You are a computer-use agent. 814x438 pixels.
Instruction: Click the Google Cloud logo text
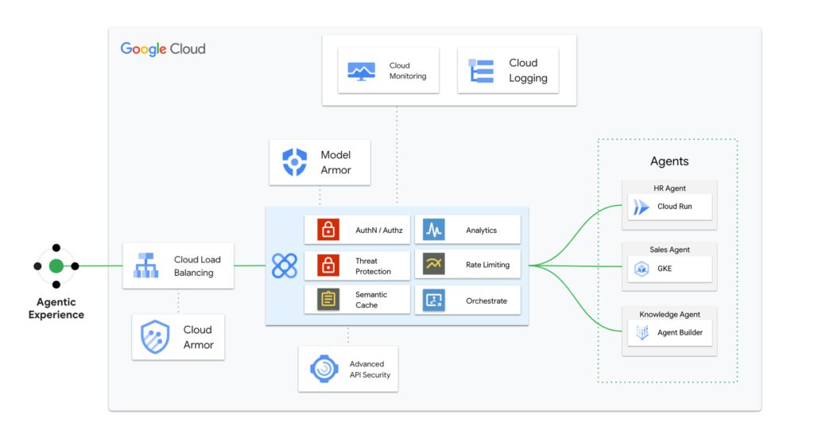click(x=163, y=49)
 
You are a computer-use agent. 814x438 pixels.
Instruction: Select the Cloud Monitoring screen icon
click(x=361, y=71)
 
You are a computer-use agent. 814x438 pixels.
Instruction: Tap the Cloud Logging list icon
click(x=481, y=71)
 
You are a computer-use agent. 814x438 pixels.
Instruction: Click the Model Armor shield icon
click(x=295, y=162)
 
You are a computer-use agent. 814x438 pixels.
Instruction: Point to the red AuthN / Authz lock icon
click(x=328, y=230)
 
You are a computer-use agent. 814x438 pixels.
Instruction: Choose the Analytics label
click(x=481, y=231)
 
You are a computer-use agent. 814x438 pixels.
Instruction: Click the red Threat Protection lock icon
click(x=328, y=266)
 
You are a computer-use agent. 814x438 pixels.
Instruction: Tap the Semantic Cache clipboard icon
click(x=328, y=300)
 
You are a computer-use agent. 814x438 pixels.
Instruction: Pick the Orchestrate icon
click(x=433, y=300)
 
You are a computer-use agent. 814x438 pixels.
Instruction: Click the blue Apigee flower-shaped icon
click(x=284, y=266)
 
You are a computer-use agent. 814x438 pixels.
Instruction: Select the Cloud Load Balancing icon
click(x=145, y=266)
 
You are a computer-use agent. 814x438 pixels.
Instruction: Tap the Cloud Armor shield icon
click(x=155, y=337)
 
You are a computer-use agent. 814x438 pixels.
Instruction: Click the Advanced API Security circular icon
click(x=324, y=369)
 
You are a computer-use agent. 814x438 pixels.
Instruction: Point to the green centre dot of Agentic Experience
click(x=56, y=266)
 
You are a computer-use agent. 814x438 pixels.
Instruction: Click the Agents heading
click(x=669, y=161)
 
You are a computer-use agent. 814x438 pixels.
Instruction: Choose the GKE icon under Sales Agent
click(x=642, y=269)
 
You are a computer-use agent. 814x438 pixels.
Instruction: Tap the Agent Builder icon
click(x=642, y=332)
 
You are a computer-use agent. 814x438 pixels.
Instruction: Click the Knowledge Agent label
click(x=669, y=314)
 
